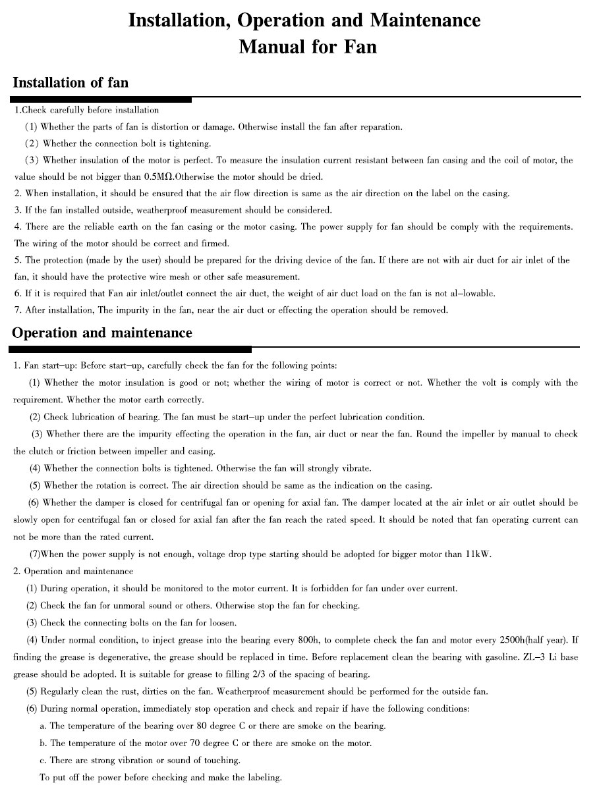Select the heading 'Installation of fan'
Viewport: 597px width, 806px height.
[71, 83]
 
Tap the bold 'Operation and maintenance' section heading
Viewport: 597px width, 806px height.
[102, 333]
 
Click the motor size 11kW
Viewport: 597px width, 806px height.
[478, 554]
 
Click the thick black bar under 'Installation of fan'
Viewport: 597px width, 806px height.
[102, 99]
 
